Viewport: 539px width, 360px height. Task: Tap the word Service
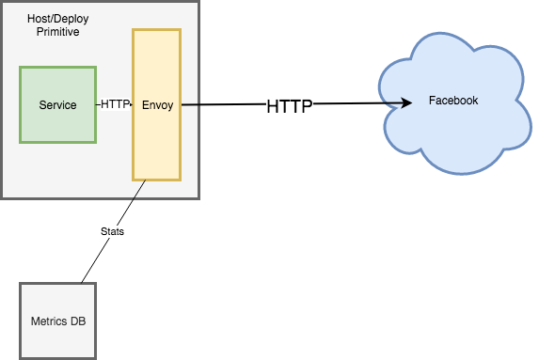pyautogui.click(x=57, y=104)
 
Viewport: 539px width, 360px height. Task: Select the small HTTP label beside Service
pyautogui.click(x=115, y=104)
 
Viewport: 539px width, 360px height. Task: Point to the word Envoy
pyautogui.click(x=156, y=104)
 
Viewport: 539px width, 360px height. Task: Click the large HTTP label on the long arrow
pyautogui.click(x=289, y=106)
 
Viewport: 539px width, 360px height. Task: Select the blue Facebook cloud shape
pyautogui.click(x=452, y=132)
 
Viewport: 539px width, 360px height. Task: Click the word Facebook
pyautogui.click(x=452, y=101)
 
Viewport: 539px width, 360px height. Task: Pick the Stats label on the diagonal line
pyautogui.click(x=111, y=230)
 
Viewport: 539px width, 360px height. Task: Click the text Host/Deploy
pyautogui.click(x=60, y=19)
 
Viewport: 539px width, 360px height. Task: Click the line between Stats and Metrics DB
pyautogui.click(x=92, y=261)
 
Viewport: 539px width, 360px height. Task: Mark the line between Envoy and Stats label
pyautogui.click(x=133, y=201)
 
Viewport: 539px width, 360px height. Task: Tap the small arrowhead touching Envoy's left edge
pyautogui.click(x=130, y=104)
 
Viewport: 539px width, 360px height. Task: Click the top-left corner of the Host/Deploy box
pyautogui.click(x=2, y=2)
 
